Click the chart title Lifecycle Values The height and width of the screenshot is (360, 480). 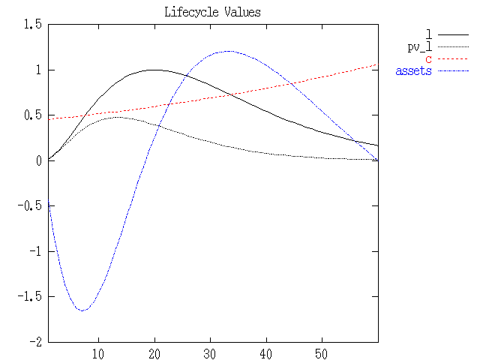(x=213, y=13)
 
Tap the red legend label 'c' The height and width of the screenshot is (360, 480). (x=428, y=59)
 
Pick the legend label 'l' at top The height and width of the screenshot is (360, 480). (x=428, y=34)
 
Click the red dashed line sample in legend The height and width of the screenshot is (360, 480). (x=453, y=59)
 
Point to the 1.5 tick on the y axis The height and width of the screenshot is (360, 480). (x=33, y=25)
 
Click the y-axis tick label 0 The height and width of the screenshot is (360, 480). (x=37, y=160)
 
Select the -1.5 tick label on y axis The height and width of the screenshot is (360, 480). (x=30, y=296)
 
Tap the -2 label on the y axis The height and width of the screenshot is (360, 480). (x=34, y=341)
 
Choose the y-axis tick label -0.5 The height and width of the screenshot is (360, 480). (x=30, y=205)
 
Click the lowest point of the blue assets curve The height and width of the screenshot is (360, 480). (x=82, y=310)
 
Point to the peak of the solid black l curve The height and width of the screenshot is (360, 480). (x=153, y=70)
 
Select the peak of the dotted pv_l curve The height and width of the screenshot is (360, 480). (x=116, y=117)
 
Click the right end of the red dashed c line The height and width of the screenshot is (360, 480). (x=376, y=64)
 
